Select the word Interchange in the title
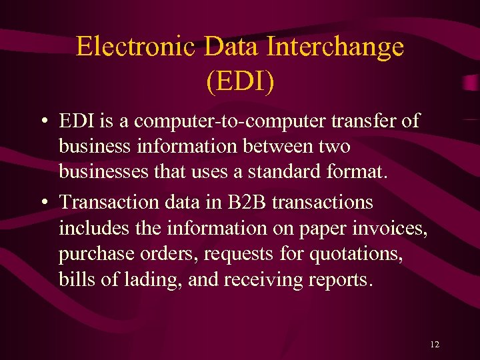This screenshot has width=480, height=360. click(x=335, y=47)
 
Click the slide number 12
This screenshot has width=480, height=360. click(x=435, y=345)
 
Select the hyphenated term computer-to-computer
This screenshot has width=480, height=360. click(x=239, y=121)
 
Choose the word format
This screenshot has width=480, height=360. click(x=361, y=172)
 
